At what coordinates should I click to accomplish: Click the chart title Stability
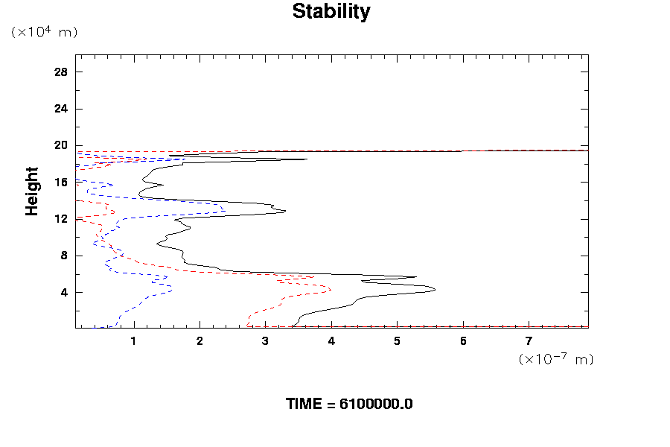click(x=331, y=12)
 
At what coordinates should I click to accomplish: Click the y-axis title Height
click(x=32, y=191)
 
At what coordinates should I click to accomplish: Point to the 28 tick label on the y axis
click(x=61, y=72)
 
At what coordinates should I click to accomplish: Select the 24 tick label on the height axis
click(x=61, y=109)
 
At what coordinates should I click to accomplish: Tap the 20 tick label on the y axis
click(x=61, y=145)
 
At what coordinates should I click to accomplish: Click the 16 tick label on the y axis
click(x=61, y=182)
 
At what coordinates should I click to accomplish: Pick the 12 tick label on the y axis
click(x=61, y=219)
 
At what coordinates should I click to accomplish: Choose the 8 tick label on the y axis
click(x=64, y=256)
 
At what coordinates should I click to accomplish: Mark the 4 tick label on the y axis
click(x=64, y=292)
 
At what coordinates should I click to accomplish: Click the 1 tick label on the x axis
click(x=134, y=341)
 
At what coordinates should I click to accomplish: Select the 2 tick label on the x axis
click(x=200, y=341)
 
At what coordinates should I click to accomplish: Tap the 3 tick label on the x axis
click(x=266, y=341)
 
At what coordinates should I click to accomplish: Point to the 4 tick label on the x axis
click(x=331, y=341)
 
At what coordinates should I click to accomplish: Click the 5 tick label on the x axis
click(x=398, y=341)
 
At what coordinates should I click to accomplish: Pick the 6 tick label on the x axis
click(x=463, y=341)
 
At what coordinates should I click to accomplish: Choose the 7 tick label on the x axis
click(x=529, y=341)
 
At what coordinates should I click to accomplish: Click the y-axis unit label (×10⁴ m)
click(x=44, y=32)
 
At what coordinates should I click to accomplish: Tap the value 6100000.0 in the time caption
click(x=376, y=405)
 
